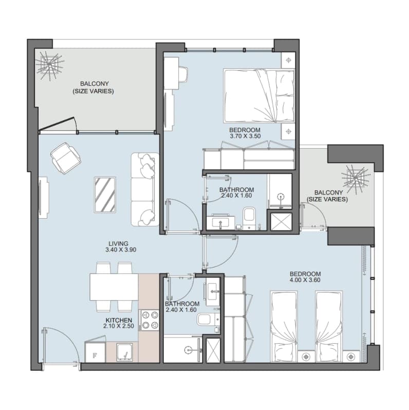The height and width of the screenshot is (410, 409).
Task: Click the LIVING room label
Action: tap(118, 243)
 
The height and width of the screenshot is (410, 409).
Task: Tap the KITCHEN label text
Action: tap(119, 320)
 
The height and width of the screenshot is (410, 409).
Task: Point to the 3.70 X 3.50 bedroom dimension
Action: tap(245, 136)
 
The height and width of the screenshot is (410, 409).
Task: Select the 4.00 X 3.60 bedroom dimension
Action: tap(305, 280)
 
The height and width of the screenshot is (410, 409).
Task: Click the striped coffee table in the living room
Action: tap(105, 195)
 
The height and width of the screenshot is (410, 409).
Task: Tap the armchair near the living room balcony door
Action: tap(65, 157)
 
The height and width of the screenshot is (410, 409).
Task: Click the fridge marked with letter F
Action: tap(96, 352)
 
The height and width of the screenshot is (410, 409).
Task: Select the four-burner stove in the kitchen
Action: tap(150, 320)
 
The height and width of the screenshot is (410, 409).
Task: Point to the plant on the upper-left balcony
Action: tap(49, 65)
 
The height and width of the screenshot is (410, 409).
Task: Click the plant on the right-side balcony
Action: tap(356, 177)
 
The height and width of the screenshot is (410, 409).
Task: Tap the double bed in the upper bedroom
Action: tap(259, 96)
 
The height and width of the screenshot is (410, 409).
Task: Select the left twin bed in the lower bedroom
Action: tap(284, 326)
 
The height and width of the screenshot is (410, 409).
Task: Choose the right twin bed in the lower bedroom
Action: tap(329, 326)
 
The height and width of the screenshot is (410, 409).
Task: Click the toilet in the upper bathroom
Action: tap(249, 218)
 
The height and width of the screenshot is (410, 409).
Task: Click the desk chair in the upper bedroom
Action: tap(183, 75)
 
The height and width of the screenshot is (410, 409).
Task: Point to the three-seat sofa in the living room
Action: tap(145, 189)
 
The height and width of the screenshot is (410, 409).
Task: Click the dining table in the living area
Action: tap(114, 287)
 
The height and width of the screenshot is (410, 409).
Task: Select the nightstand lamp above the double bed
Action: tap(288, 60)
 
